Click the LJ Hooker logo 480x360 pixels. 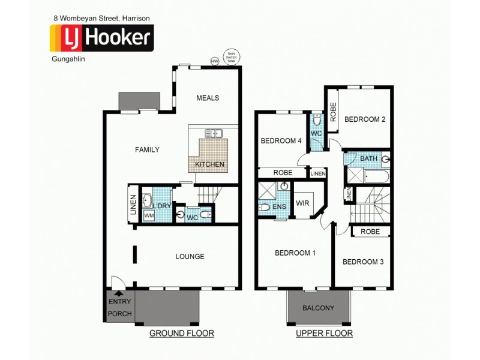click(100, 38)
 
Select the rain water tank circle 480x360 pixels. click(231, 57)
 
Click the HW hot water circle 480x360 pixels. click(214, 61)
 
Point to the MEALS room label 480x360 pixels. click(208, 98)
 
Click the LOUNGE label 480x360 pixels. click(190, 256)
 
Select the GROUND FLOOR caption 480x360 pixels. click(181, 333)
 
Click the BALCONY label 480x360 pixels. click(319, 308)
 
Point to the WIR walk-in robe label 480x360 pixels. click(303, 203)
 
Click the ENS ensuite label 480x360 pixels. click(278, 206)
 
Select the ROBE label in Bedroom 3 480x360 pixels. click(370, 231)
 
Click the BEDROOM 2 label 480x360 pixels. click(365, 119)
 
